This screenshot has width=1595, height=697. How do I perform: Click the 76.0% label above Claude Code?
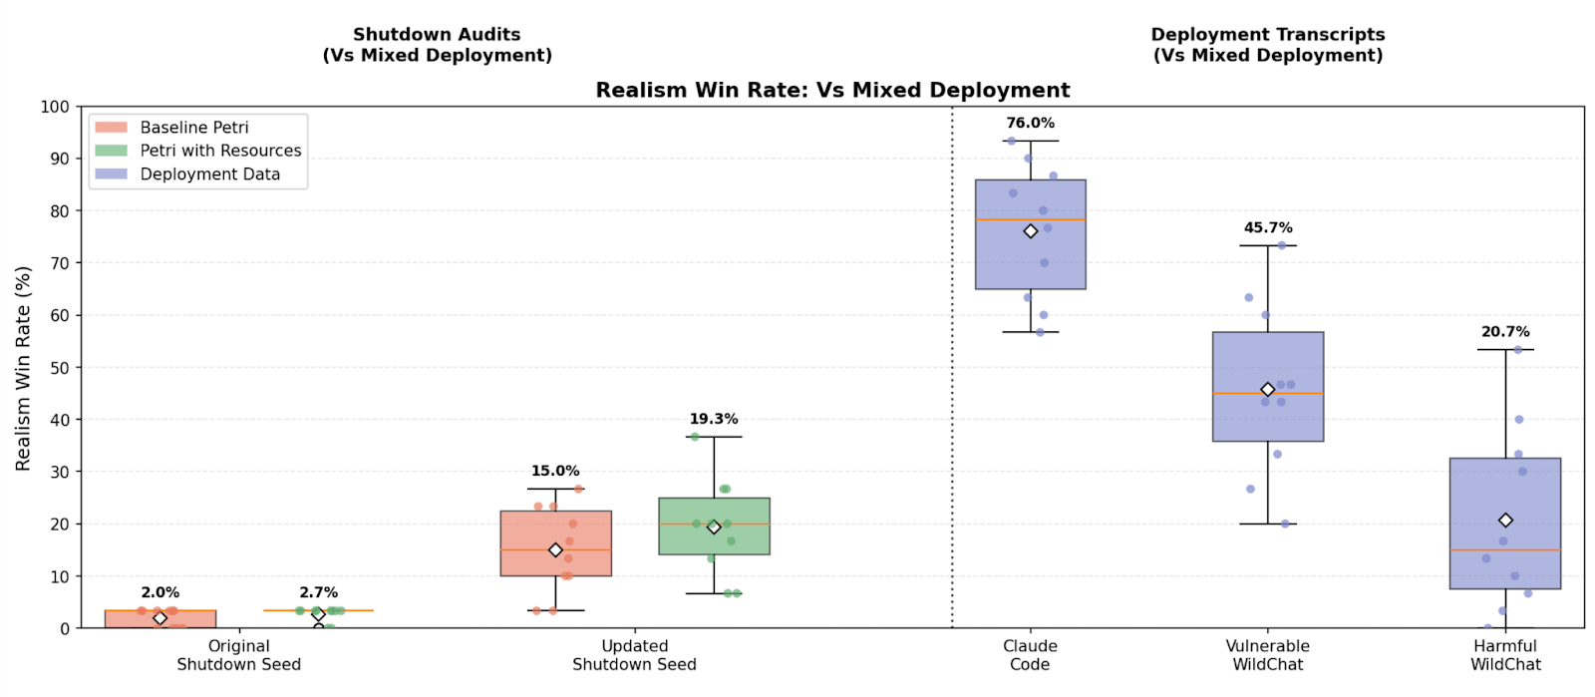1030,123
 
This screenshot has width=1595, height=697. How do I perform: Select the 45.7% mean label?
1267,227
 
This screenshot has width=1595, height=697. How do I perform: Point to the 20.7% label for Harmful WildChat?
1504,331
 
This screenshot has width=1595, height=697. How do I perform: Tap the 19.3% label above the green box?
713,419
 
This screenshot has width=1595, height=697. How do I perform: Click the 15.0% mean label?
554,471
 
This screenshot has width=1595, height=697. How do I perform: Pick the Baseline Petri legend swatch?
111,128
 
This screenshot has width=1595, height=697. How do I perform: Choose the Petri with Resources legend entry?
220,151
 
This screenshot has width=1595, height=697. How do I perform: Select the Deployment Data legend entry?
209,174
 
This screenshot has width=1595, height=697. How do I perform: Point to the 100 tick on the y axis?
55,107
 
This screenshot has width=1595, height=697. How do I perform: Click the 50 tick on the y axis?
59,368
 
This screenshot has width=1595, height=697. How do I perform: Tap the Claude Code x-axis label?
1030,655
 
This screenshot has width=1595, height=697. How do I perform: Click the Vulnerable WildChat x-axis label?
1267,655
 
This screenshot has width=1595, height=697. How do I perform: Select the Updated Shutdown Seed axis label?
634,655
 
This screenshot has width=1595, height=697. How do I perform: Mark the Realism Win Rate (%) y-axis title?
23,368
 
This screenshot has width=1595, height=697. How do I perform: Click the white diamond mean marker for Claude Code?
1031,231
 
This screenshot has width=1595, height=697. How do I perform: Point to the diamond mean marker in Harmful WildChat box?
1505,521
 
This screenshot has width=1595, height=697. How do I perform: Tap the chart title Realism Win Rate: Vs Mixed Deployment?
832,91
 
